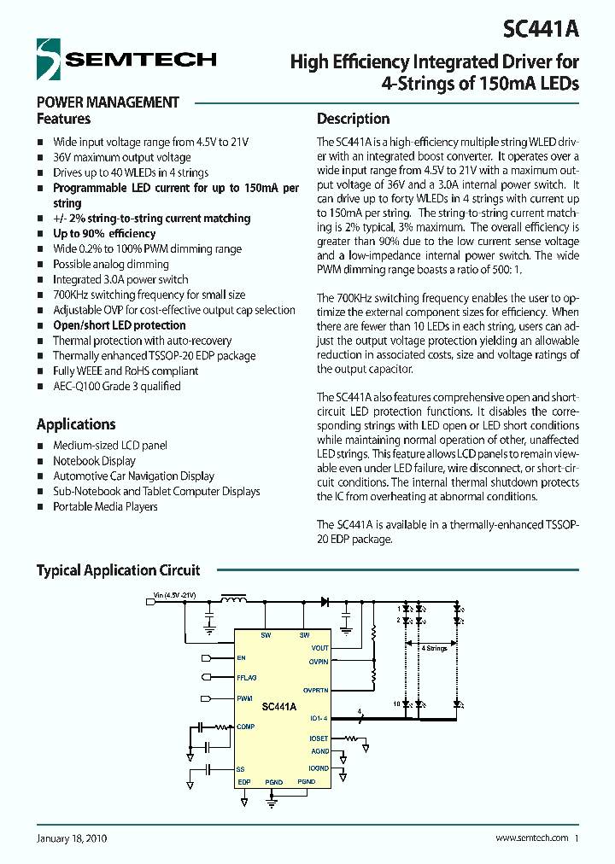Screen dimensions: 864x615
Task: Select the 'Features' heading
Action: (x=63, y=119)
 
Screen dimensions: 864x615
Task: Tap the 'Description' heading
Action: (x=353, y=119)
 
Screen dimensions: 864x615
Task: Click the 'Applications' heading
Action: (x=76, y=424)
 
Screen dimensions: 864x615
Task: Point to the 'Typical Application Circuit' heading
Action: (x=118, y=570)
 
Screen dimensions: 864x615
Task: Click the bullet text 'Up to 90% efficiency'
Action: (x=104, y=234)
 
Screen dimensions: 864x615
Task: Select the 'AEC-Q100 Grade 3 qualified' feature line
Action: (x=117, y=386)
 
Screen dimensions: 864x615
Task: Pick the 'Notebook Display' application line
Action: (x=94, y=461)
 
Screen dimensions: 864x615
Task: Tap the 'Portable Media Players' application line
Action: (x=105, y=506)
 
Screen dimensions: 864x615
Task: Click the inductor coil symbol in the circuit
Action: (x=232, y=601)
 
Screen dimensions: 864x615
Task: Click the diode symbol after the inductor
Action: (x=325, y=602)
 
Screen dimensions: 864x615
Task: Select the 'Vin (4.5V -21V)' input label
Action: (x=174, y=595)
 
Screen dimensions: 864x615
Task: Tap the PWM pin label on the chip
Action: (x=244, y=698)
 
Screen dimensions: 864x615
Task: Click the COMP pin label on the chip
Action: (x=246, y=727)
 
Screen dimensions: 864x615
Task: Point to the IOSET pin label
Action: (x=319, y=738)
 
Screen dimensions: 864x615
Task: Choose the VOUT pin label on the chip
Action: (x=319, y=648)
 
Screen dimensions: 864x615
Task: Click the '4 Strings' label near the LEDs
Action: (x=434, y=649)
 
